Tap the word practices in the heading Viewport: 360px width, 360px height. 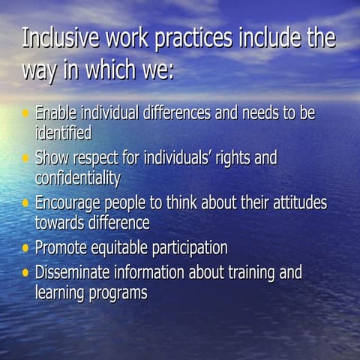[193, 39]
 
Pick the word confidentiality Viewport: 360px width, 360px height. [78, 178]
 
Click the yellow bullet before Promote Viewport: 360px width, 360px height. [26, 247]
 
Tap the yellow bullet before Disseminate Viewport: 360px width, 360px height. [26, 271]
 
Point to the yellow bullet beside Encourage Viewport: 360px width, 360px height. [26, 202]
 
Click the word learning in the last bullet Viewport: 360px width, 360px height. [59, 292]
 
